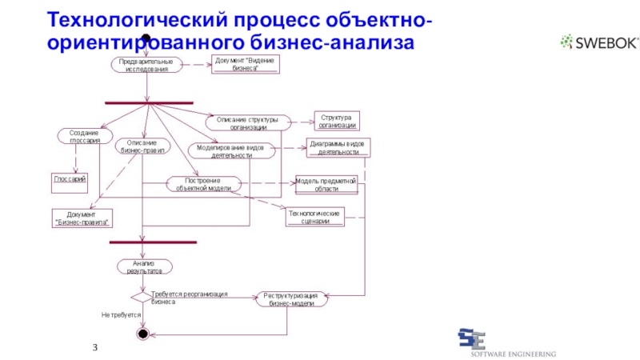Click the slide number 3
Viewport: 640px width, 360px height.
(95, 346)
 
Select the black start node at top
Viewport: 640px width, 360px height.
(146, 39)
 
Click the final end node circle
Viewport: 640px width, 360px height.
(144, 332)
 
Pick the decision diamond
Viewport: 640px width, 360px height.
(141, 298)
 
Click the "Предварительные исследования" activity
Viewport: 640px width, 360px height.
(146, 65)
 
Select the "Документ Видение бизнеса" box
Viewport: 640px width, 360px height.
(246, 64)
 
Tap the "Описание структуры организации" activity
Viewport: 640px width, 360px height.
(248, 122)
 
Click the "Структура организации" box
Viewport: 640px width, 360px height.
(336, 121)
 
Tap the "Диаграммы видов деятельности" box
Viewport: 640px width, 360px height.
(338, 148)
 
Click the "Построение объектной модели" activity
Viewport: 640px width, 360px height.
(203, 184)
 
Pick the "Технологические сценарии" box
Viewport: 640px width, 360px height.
(314, 217)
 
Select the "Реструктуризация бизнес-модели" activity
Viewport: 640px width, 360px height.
(291, 298)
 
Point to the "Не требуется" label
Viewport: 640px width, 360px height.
(120, 315)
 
